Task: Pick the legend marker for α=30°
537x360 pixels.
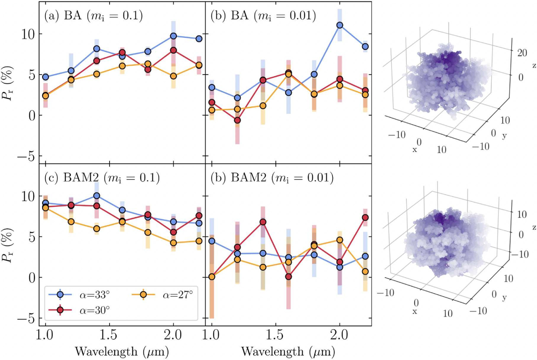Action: coord(60,310)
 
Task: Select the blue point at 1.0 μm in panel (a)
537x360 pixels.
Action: coord(45,77)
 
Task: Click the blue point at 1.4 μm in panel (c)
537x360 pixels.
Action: coord(96,196)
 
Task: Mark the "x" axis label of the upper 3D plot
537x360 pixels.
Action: coord(414,150)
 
